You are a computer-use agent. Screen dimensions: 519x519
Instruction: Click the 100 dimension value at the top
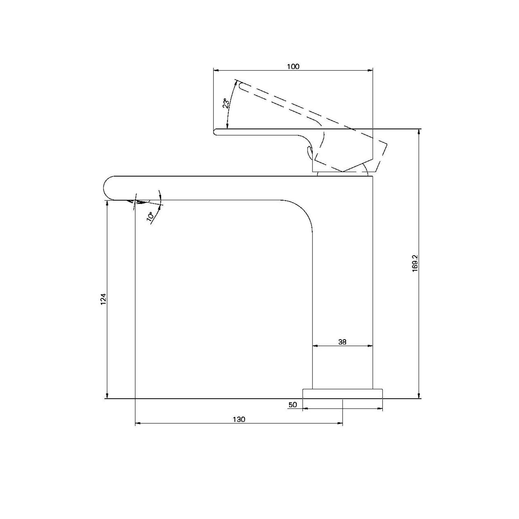pos(293,66)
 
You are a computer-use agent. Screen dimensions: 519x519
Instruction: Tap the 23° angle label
pos(226,103)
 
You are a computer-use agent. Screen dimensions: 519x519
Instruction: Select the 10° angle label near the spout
pos(150,217)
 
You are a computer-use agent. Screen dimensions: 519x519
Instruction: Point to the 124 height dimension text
pos(103,299)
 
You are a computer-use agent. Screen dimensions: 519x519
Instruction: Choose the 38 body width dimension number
pos(342,342)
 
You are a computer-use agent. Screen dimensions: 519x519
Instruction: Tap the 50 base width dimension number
pos(293,405)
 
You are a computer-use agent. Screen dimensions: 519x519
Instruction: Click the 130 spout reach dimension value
pos(239,419)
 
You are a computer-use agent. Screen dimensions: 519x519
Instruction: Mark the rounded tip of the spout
pos(104,188)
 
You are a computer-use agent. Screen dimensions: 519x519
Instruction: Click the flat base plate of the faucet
pos(342,393)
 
